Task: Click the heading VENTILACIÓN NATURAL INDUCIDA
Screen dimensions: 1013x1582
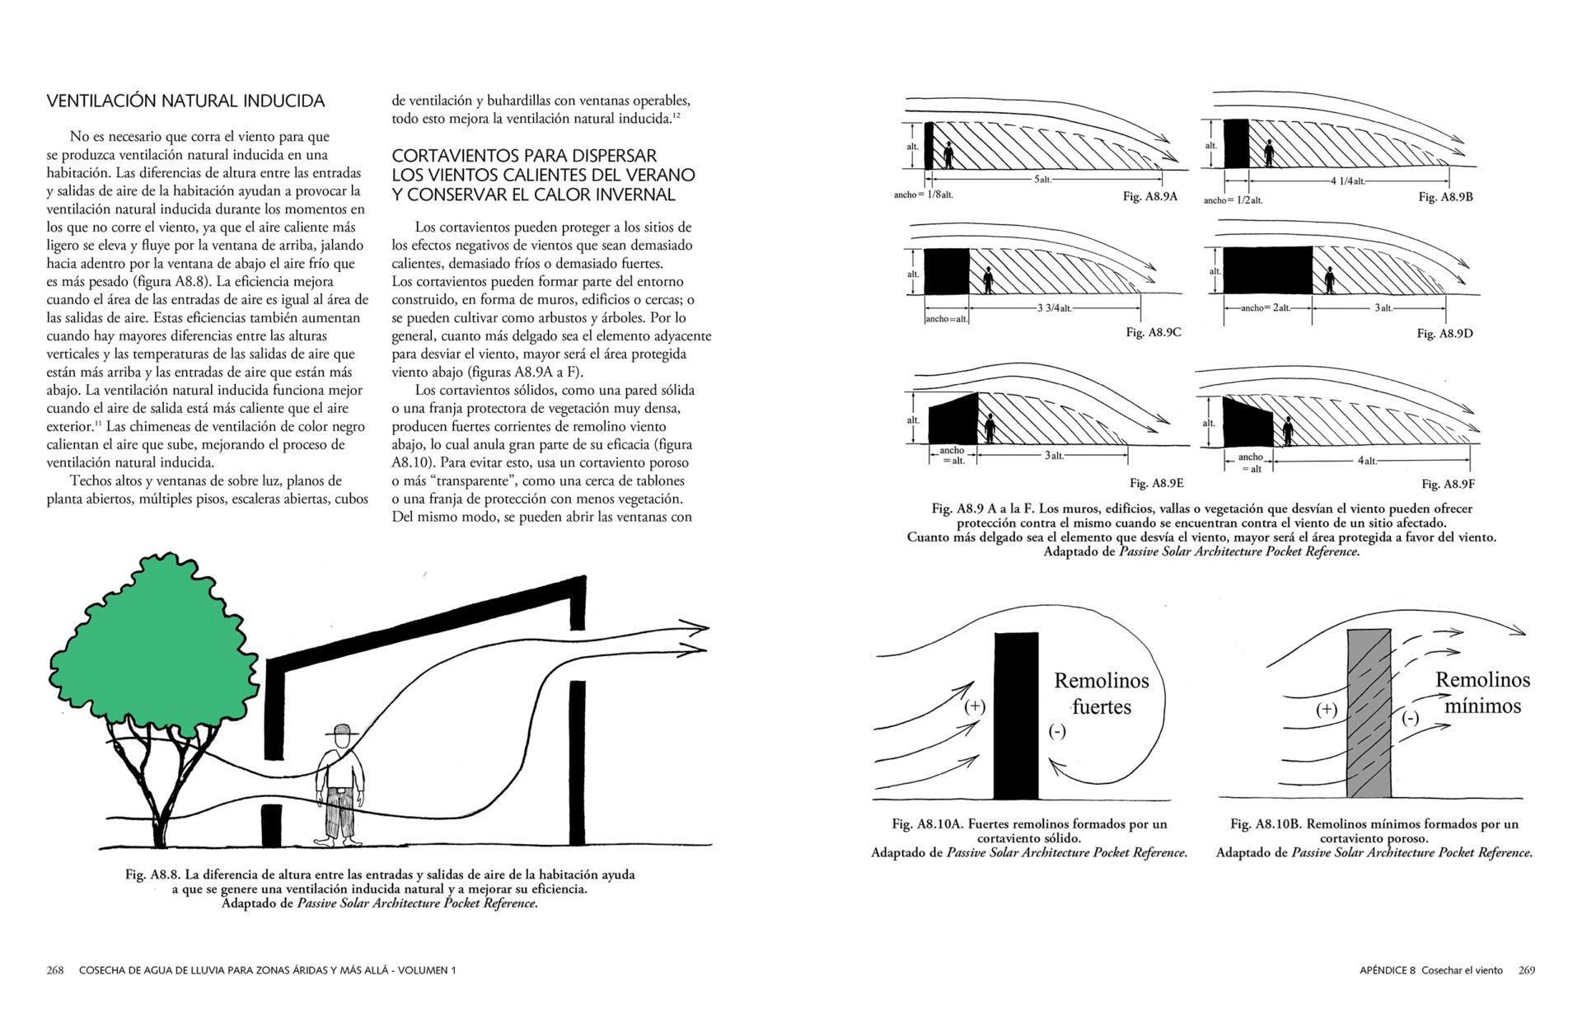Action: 185,101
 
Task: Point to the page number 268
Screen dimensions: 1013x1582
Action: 55,970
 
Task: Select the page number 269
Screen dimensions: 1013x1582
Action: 1526,970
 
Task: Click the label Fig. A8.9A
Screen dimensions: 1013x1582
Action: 1149,196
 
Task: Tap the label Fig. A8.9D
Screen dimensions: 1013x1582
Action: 1444,333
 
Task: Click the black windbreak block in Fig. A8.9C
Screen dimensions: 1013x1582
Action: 946,271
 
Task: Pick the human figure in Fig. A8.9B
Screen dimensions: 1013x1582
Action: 1269,153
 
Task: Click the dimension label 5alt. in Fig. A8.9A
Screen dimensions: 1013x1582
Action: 1042,180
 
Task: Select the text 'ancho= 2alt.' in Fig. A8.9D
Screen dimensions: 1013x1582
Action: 1266,307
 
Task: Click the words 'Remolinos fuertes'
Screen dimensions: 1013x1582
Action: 1102,693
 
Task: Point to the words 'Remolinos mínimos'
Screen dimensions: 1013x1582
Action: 1482,692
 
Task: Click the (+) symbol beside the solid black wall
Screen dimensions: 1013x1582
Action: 975,706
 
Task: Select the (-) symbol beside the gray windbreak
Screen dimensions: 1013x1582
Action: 1411,718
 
